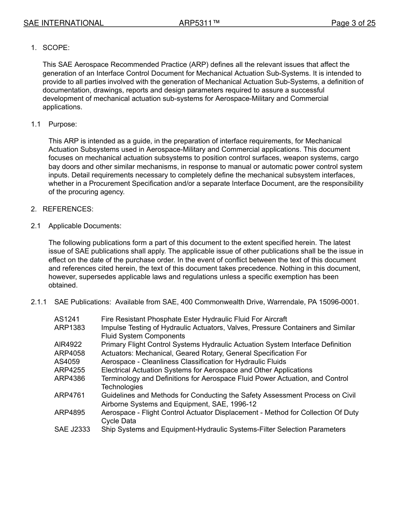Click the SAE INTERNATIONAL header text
click(x=63, y=23)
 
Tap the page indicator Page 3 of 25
click(x=353, y=23)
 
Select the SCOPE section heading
click(x=56, y=48)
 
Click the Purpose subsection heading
click(x=63, y=124)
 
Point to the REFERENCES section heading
click(x=68, y=209)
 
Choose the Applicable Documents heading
click(x=85, y=226)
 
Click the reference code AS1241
click(x=67, y=319)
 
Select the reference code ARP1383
click(x=69, y=328)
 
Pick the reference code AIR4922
click(x=68, y=345)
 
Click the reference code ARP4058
click(x=69, y=353)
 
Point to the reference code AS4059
click(x=67, y=361)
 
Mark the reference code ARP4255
click(x=69, y=370)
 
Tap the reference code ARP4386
click(x=69, y=379)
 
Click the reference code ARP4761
click(x=69, y=396)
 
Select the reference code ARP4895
click(x=69, y=413)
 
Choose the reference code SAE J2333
click(x=72, y=430)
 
